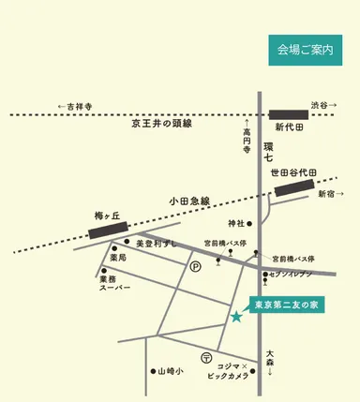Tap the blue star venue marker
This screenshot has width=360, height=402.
[236, 318]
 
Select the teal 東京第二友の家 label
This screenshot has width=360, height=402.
[288, 305]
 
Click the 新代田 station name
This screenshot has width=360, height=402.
[291, 127]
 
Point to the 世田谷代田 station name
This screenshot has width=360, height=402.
[293, 173]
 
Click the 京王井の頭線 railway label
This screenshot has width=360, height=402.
[161, 125]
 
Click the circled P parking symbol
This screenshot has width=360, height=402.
[196, 266]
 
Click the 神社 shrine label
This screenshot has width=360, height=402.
[235, 223]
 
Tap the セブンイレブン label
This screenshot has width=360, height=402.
[292, 275]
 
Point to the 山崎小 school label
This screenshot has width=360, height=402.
[171, 370]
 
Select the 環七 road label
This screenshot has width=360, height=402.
[268, 153]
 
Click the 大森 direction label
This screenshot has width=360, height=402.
[270, 357]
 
